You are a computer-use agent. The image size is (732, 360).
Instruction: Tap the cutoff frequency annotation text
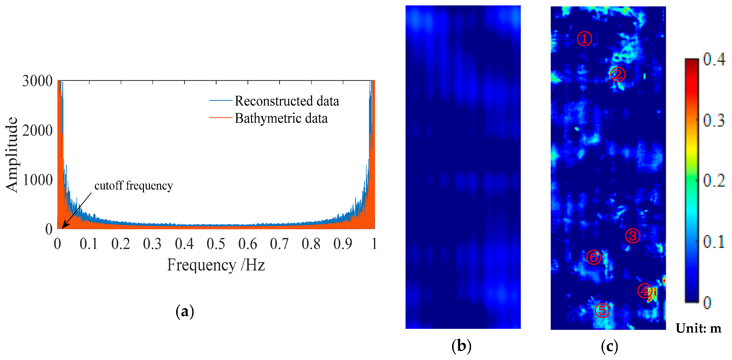click(133, 186)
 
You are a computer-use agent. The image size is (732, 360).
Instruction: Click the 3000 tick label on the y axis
click(37, 81)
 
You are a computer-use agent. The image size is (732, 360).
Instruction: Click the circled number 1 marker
click(584, 39)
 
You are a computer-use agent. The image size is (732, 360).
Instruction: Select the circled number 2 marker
click(618, 74)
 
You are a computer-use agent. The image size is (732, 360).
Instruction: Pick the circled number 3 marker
click(632, 236)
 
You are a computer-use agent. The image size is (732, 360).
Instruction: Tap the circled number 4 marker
click(644, 290)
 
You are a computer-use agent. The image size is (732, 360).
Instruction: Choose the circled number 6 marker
click(594, 257)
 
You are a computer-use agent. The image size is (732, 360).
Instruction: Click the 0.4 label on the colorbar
click(714, 59)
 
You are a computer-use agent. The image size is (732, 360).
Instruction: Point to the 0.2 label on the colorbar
click(714, 180)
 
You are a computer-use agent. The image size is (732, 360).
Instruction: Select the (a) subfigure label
click(185, 311)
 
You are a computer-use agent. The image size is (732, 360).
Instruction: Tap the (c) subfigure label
click(609, 346)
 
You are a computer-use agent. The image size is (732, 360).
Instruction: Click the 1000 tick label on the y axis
click(37, 180)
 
